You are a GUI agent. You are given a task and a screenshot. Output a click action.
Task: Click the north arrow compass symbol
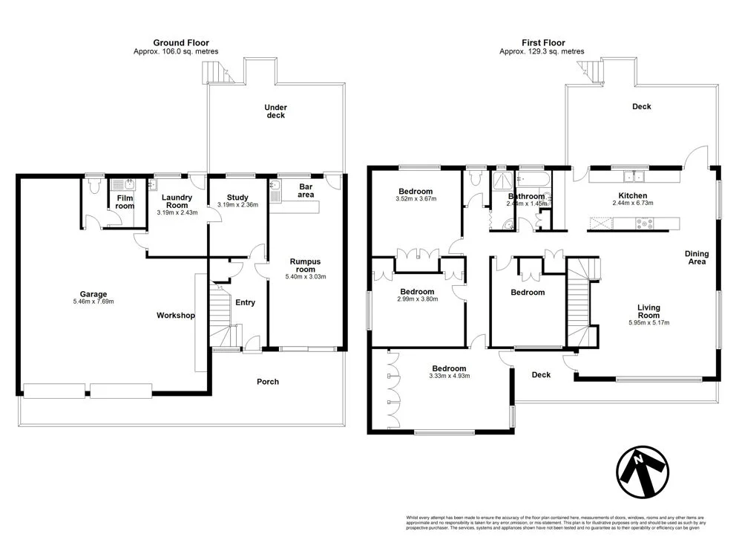[x=643, y=473]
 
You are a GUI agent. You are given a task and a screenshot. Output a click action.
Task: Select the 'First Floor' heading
[x=542, y=43]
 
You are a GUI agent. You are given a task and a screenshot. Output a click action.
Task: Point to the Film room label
[x=125, y=201]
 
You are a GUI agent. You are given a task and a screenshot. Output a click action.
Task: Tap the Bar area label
[x=305, y=190]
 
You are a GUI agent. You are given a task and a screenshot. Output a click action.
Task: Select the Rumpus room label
[x=306, y=266]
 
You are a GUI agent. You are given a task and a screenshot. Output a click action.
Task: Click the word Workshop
[x=176, y=316]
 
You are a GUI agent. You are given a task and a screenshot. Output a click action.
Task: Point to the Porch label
[x=268, y=382]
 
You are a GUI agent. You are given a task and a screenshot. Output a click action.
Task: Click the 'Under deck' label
[x=275, y=111]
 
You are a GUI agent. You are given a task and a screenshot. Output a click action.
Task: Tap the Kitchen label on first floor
[x=633, y=195]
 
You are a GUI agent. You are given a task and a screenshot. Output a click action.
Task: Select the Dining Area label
[x=696, y=257]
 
